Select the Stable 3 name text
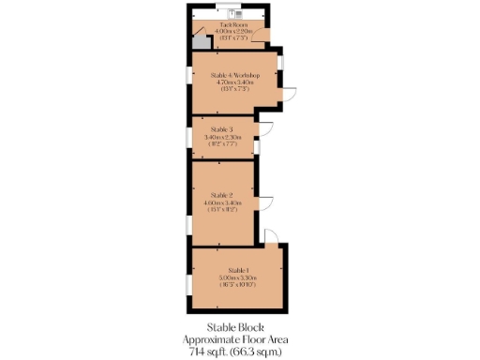[221, 129]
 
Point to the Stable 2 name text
[221, 194]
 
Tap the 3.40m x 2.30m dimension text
[221, 137]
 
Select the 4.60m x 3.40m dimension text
[221, 202]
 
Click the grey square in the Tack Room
[199, 42]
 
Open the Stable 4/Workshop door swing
[290, 95]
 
